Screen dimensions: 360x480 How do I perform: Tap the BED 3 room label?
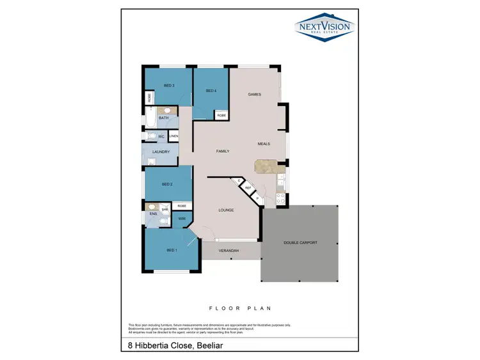click(x=169, y=86)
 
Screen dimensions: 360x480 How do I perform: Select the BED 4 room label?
click(x=211, y=91)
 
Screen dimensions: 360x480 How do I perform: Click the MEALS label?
click(x=264, y=144)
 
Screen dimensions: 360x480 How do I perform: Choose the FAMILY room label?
click(x=223, y=151)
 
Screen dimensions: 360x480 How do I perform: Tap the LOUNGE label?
click(x=226, y=210)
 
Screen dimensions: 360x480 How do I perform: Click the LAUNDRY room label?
click(x=161, y=152)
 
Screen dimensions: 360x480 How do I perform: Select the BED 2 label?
click(x=167, y=184)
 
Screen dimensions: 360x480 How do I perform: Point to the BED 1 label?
click(x=172, y=250)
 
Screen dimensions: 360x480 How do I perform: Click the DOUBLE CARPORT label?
click(x=300, y=243)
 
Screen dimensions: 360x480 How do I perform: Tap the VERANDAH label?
click(x=228, y=251)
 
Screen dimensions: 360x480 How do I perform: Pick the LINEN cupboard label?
click(x=173, y=137)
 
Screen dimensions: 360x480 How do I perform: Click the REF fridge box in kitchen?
click(x=248, y=188)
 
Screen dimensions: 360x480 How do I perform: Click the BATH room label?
click(x=164, y=118)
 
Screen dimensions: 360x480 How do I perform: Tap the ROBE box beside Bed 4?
click(x=221, y=115)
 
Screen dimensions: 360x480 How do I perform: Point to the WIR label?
click(x=182, y=219)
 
